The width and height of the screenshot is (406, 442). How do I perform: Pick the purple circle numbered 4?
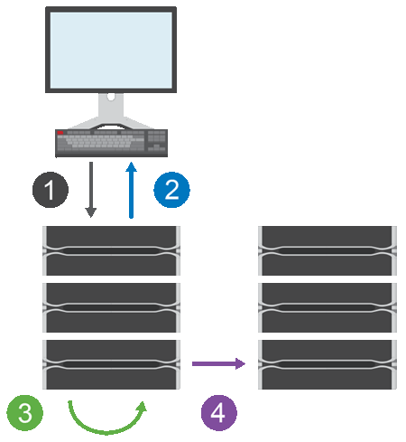point(217,412)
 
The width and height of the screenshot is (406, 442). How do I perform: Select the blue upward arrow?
point(132,190)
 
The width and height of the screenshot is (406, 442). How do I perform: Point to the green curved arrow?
point(106,418)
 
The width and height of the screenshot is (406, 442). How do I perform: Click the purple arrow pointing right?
point(218,363)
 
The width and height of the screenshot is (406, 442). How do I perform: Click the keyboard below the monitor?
point(110,142)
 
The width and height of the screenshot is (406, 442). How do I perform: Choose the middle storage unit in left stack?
point(112,306)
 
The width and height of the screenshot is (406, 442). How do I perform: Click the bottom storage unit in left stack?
point(112,364)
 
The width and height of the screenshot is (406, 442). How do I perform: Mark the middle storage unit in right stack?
point(327,306)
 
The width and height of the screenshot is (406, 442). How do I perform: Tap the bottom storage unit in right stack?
point(327,364)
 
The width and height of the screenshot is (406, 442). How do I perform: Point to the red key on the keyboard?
point(61,133)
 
